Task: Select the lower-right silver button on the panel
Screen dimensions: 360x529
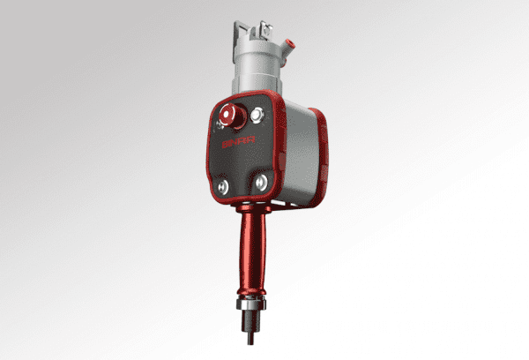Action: [261, 181]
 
